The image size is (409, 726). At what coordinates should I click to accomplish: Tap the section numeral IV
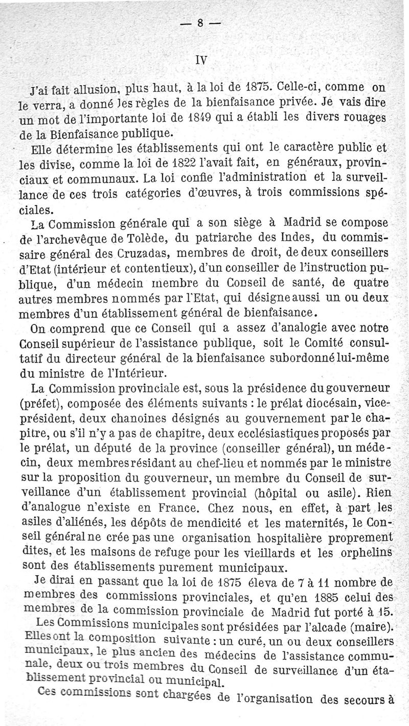click(x=202, y=60)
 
